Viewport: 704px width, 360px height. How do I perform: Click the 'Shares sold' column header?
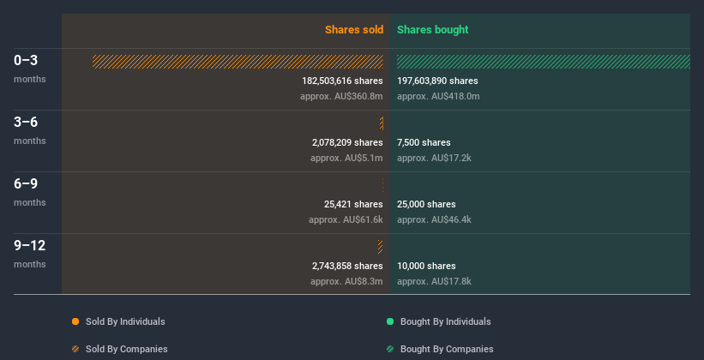353,30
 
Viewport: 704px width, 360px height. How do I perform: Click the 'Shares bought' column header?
432,30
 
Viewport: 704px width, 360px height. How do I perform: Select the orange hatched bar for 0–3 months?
238,62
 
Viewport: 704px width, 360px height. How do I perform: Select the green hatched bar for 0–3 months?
543,62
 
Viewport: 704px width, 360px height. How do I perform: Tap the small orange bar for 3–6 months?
381,123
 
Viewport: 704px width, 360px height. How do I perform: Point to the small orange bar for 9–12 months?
380,247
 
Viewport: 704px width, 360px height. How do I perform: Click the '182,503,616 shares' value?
342,81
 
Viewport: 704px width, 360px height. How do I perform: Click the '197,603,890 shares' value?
437,81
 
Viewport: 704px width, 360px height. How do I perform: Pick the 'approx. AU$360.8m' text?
341,96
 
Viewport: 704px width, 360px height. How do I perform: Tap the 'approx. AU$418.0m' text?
438,96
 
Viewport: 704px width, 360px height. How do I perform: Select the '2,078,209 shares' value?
347,142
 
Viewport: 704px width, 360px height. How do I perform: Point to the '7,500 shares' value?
424,142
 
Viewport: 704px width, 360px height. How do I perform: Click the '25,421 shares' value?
352,204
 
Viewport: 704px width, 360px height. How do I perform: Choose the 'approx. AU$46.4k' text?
434,219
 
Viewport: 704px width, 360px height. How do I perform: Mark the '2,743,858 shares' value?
347,266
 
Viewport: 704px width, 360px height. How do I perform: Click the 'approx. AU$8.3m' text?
346,281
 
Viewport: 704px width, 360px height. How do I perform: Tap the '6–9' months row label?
26,183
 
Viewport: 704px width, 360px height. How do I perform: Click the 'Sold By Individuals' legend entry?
124,321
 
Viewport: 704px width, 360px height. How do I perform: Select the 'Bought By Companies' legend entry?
447,349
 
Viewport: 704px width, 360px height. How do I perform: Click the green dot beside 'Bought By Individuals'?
390,321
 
